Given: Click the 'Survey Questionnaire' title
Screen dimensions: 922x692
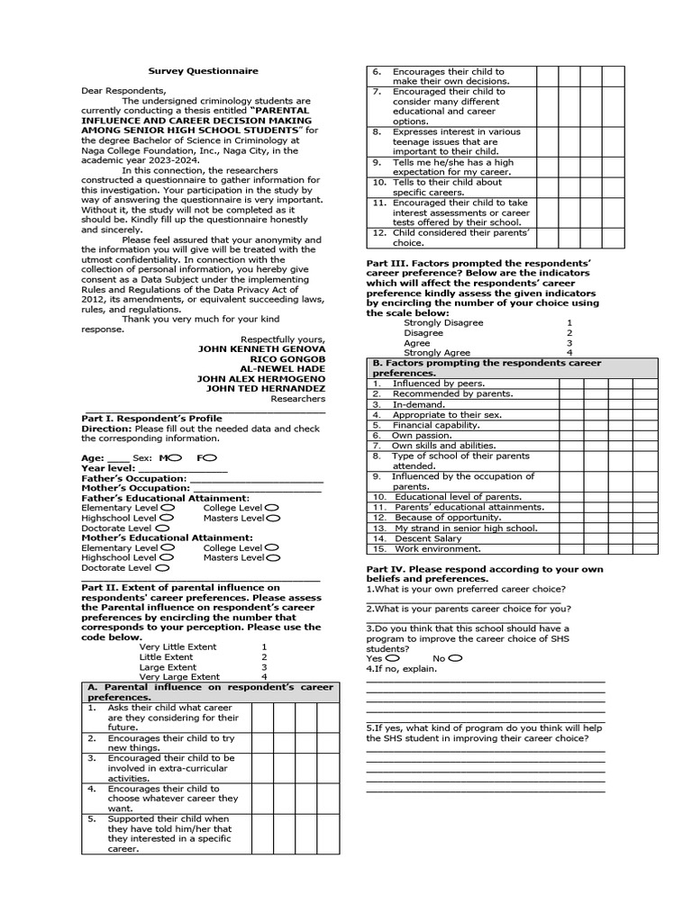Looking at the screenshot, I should click(x=203, y=71).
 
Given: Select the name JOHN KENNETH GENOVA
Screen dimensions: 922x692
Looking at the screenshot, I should click(x=261, y=348).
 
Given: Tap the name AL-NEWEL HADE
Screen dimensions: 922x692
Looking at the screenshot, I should click(x=282, y=368).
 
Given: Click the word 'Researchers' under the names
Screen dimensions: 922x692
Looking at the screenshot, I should click(x=298, y=398).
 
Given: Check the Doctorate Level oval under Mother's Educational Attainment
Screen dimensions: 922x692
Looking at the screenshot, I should click(x=161, y=568).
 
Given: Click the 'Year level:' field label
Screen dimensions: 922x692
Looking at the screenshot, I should click(x=108, y=468).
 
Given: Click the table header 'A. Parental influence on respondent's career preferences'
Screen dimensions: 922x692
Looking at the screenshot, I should click(x=209, y=691).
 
